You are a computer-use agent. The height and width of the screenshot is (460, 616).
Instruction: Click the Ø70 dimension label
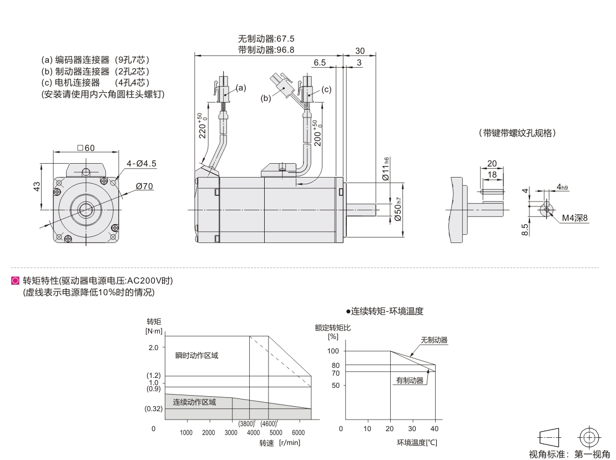144,186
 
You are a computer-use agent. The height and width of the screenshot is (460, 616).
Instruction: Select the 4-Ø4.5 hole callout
142,163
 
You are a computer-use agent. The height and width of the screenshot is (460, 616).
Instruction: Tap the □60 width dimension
86,148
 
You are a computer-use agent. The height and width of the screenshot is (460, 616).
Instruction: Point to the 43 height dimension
35,186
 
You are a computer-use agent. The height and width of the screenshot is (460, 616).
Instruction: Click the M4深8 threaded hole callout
574,218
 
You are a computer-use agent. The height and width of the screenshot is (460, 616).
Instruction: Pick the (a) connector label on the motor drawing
240,87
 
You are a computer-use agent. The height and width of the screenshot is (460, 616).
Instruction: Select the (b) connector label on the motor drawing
266,98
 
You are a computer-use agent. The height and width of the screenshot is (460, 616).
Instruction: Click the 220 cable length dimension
202,126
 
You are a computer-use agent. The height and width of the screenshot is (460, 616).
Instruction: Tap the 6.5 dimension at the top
320,62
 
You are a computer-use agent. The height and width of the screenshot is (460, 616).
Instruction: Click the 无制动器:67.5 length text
266,39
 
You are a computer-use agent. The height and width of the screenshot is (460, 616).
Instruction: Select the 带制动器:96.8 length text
266,50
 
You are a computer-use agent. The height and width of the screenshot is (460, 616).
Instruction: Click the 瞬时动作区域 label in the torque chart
197,355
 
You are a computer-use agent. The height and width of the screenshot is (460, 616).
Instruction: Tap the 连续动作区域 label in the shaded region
194,402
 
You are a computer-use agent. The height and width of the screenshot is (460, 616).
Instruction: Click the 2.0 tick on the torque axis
153,347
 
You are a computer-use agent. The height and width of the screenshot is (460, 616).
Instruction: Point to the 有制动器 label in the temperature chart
410,381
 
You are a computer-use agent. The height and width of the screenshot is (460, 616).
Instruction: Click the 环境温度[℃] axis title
417,442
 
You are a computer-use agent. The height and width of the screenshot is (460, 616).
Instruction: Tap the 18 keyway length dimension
492,175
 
